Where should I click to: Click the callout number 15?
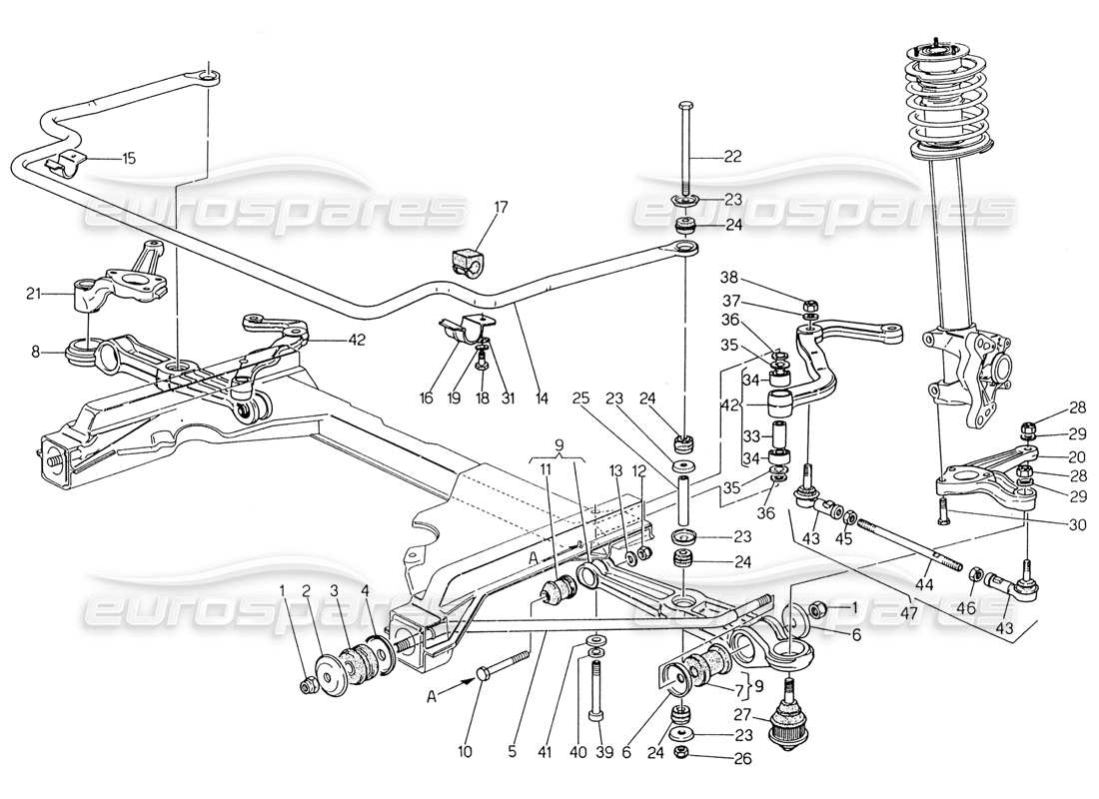click(129, 158)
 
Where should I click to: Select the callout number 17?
click(500, 209)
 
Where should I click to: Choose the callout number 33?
click(750, 435)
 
